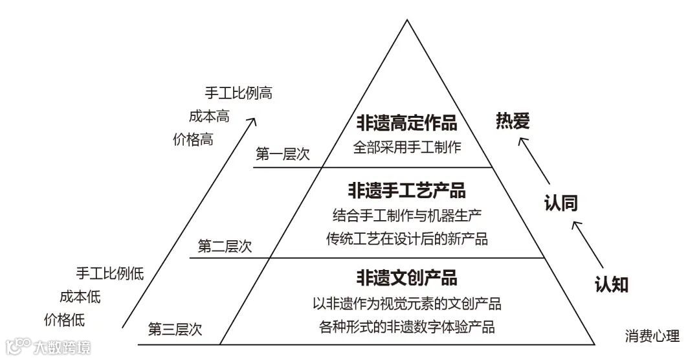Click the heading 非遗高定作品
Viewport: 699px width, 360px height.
click(406, 122)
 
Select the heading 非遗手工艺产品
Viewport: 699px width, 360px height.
click(406, 190)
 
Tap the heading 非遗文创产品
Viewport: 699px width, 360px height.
click(406, 278)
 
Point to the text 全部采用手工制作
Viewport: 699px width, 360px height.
click(406, 147)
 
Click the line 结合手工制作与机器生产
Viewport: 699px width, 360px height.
click(406, 214)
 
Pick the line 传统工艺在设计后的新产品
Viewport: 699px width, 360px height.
click(406, 238)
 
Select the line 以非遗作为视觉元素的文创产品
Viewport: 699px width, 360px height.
click(406, 303)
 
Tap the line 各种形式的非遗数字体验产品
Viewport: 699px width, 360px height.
click(406, 327)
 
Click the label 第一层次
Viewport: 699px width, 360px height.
click(283, 154)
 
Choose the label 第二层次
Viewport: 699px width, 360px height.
click(225, 246)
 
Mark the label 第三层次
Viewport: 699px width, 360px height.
click(175, 329)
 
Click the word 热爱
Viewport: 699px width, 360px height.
click(513, 121)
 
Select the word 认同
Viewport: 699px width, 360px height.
click(560, 203)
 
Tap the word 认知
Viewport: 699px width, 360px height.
click(611, 284)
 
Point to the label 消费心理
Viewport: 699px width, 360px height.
click(652, 336)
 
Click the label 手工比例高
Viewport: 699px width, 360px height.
click(238, 93)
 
